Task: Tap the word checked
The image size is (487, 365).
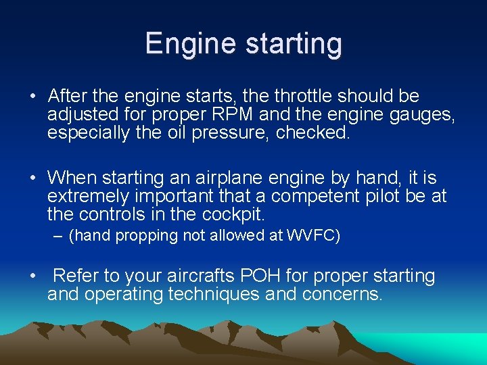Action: pyautogui.click(x=315, y=132)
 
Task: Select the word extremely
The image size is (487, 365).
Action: pyautogui.click(x=89, y=197)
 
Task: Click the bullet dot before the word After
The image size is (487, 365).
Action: pyautogui.click(x=33, y=97)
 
